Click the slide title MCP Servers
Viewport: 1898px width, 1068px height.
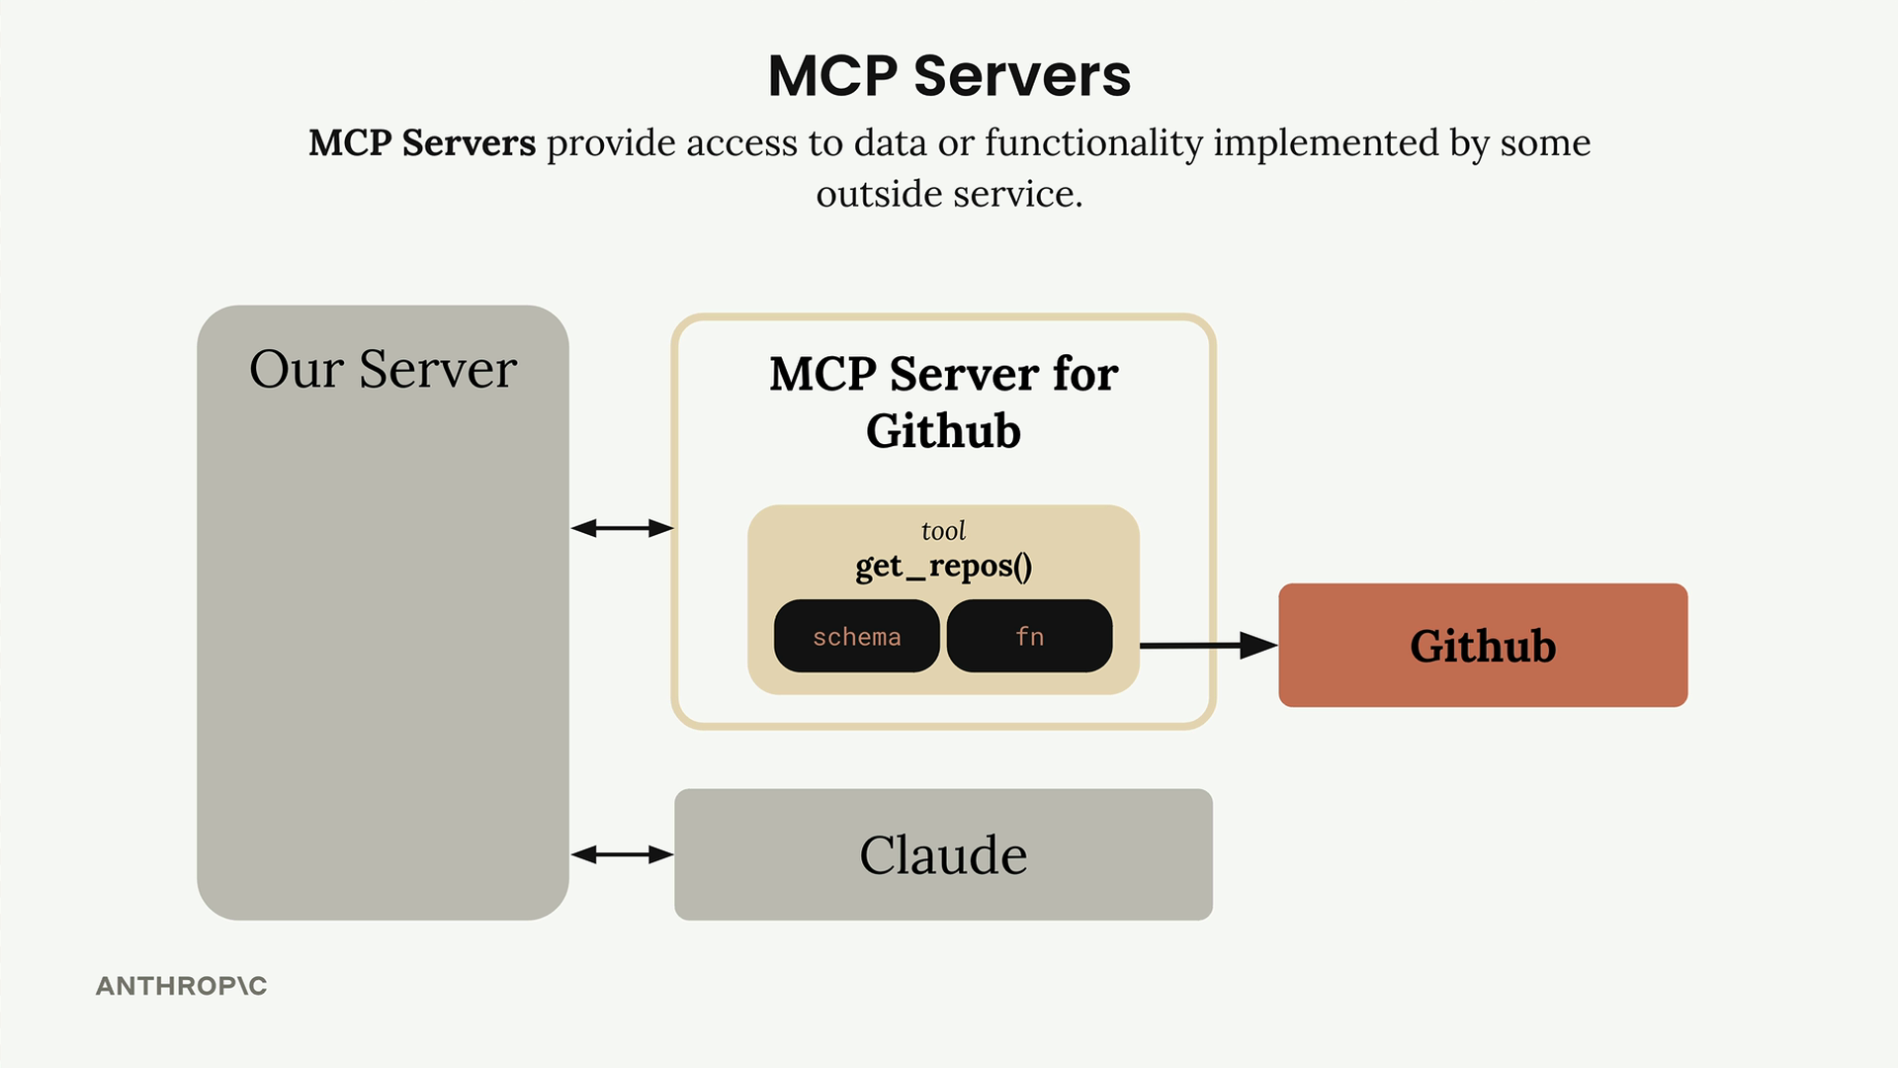[949, 75]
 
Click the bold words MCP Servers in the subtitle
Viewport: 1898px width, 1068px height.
[422, 143]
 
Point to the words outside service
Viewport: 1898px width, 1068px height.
[949, 194]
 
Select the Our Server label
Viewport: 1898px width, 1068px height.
[383, 369]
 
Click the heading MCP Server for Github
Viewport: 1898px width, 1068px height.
[943, 401]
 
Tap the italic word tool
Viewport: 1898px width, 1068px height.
[943, 531]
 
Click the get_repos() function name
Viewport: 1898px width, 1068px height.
[943, 566]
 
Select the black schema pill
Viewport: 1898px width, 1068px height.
[856, 636]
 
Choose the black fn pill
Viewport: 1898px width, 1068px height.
[1029, 636]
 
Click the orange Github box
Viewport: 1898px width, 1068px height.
[1483, 645]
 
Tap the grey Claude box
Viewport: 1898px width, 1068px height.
[943, 854]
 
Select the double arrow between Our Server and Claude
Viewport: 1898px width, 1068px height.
[622, 854]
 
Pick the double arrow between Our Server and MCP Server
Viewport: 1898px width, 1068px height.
[622, 528]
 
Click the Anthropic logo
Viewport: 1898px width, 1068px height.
[181, 986]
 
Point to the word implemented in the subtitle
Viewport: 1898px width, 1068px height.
[1326, 143]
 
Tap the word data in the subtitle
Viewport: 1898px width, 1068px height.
[891, 143]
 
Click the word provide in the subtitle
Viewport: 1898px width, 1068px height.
[610, 143]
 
